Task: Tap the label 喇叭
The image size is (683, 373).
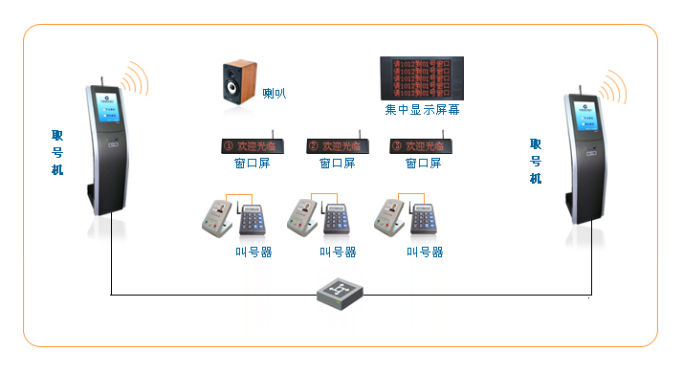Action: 275,94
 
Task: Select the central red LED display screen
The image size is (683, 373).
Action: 421,77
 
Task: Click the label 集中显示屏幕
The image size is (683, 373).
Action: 422,110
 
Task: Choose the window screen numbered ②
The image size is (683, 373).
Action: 338,146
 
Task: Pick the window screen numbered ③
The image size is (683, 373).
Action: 422,146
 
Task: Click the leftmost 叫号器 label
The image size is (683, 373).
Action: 253,252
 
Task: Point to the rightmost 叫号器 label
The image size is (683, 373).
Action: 425,252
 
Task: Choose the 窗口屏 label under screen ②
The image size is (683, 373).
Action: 338,164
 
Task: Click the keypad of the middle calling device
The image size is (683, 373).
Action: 340,219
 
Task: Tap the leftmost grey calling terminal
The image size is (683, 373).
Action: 219,217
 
